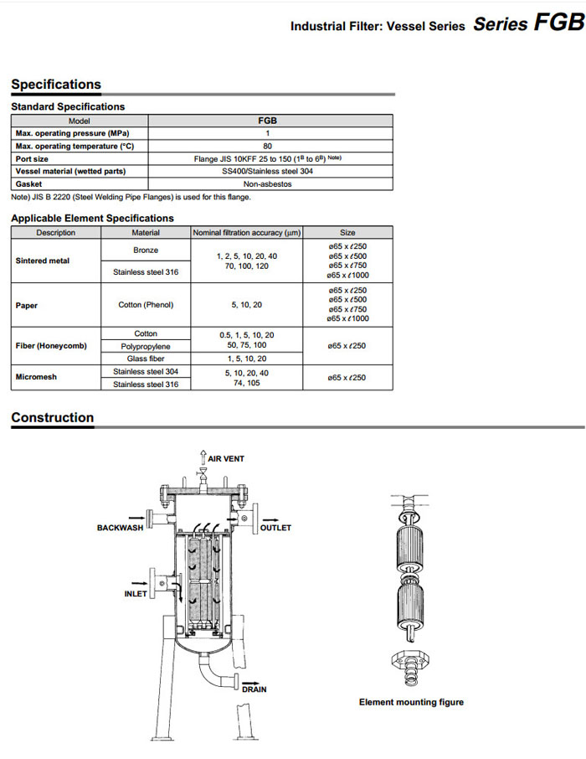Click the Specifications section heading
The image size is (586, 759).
point(56,85)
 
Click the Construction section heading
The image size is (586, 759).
point(52,417)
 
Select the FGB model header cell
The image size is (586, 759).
point(268,121)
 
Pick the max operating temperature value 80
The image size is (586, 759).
point(268,146)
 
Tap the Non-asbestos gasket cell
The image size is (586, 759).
point(268,183)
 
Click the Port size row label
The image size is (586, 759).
point(33,158)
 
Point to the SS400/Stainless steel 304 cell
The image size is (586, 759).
point(268,171)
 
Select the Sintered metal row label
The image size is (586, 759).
point(43,261)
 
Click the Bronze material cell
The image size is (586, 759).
point(146,250)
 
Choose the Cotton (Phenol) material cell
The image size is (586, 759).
point(146,305)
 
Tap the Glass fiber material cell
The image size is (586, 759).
point(146,359)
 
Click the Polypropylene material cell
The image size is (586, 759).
point(146,346)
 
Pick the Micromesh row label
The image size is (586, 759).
point(37,377)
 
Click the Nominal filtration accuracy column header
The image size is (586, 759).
point(247,233)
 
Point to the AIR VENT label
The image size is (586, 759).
point(226,459)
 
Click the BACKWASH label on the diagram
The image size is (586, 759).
point(121,528)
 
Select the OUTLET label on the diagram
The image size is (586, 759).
point(275,528)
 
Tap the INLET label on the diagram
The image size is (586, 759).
point(136,594)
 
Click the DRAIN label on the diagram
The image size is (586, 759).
point(254,689)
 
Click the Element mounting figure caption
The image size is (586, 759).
point(411,702)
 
